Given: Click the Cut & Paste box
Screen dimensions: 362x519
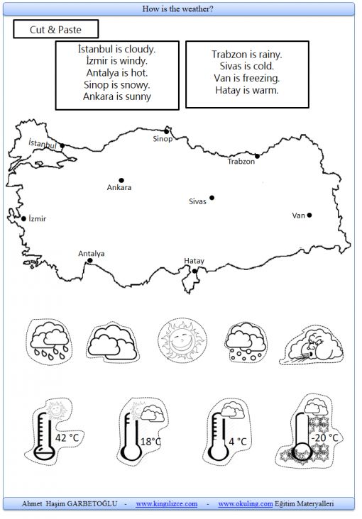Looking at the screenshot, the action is point(55,29).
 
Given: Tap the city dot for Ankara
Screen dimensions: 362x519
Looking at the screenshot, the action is point(121,180).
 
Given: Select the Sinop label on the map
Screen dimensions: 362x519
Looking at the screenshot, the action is point(163,139).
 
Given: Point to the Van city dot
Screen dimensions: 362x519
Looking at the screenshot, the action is point(309,215).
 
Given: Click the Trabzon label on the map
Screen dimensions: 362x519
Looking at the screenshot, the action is point(241,162).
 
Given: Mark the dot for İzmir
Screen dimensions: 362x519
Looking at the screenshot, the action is point(23,219).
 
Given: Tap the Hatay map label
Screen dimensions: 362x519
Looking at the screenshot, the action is point(194,261).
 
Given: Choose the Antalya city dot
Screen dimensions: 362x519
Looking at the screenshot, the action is point(90,261).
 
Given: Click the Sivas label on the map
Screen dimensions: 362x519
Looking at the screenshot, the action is point(197,201).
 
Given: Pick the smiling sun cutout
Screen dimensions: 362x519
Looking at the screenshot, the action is point(182,340).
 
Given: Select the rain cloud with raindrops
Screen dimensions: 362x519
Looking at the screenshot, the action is point(50,342).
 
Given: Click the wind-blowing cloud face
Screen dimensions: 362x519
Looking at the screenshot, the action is point(312,346).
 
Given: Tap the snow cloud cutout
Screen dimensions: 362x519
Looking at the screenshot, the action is point(246,342).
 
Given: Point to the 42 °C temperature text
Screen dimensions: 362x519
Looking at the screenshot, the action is point(67,438).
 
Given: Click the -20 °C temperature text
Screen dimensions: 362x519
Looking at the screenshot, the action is point(324,438).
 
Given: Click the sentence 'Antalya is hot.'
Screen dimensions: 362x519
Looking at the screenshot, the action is point(117,73).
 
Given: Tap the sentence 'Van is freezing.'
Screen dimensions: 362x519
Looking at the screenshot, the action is point(246,78).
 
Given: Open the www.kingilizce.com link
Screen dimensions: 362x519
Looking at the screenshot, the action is point(166,504).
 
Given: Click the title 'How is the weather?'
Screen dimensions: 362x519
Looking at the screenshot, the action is point(177,9).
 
